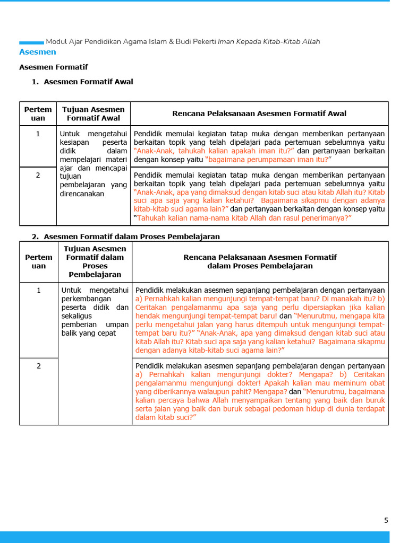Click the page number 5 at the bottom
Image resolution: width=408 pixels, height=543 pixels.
click(386, 520)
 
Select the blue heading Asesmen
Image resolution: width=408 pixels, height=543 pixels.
click(37, 52)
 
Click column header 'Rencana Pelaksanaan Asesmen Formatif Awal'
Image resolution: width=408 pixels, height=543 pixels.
click(259, 113)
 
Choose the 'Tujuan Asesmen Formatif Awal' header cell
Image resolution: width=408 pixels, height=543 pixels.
click(93, 113)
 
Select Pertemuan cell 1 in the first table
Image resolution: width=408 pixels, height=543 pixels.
click(38, 134)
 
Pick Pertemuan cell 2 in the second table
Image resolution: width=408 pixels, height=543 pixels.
click(38, 366)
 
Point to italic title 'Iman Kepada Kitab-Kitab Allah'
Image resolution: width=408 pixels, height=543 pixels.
click(269, 41)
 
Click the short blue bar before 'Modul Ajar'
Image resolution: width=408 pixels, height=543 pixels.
click(31, 42)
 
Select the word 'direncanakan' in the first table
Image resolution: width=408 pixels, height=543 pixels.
click(82, 194)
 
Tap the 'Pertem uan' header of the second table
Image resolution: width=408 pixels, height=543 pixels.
click(39, 261)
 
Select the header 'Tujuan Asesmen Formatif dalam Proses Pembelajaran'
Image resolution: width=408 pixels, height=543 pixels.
click(95, 261)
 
